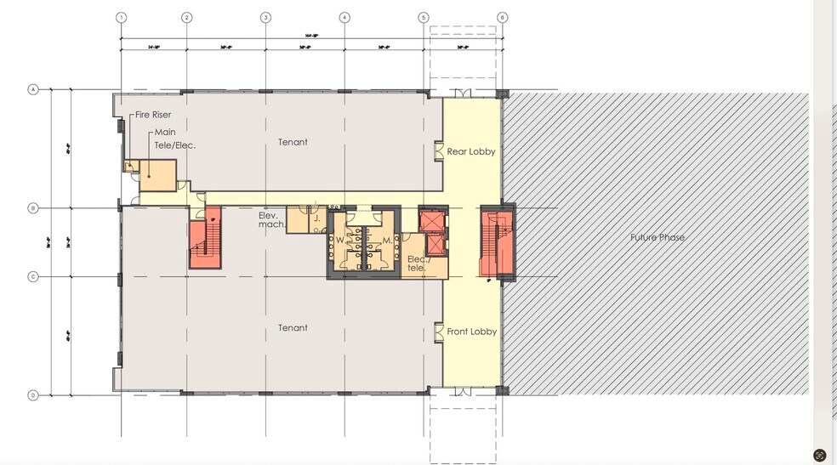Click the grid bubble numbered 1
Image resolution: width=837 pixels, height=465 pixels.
tap(121, 17)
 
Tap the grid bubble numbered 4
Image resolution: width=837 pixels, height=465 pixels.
tap(344, 17)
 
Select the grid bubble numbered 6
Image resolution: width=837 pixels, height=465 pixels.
tap(502, 17)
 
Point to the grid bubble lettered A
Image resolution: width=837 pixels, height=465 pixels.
tap(34, 89)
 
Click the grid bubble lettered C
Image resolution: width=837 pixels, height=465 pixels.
tap(34, 276)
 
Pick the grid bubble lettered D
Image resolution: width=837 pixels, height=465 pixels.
tap(34, 395)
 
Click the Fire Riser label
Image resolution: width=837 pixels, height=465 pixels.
tap(151, 115)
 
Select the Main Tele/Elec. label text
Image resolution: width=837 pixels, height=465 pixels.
tap(174, 139)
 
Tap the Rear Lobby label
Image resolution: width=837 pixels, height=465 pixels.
tap(471, 151)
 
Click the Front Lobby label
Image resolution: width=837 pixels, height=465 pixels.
tap(471, 332)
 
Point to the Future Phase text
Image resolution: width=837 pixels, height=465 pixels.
tap(657, 237)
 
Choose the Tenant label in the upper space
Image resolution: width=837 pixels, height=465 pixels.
tap(293, 142)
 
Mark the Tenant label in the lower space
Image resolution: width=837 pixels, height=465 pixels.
tap(293, 327)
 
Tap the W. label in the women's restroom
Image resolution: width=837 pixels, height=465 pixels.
tap(339, 240)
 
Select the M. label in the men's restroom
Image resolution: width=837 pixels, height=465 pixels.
tap(386, 240)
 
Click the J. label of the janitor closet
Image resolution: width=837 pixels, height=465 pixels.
tap(316, 218)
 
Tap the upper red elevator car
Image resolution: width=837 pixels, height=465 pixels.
tap(433, 218)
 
